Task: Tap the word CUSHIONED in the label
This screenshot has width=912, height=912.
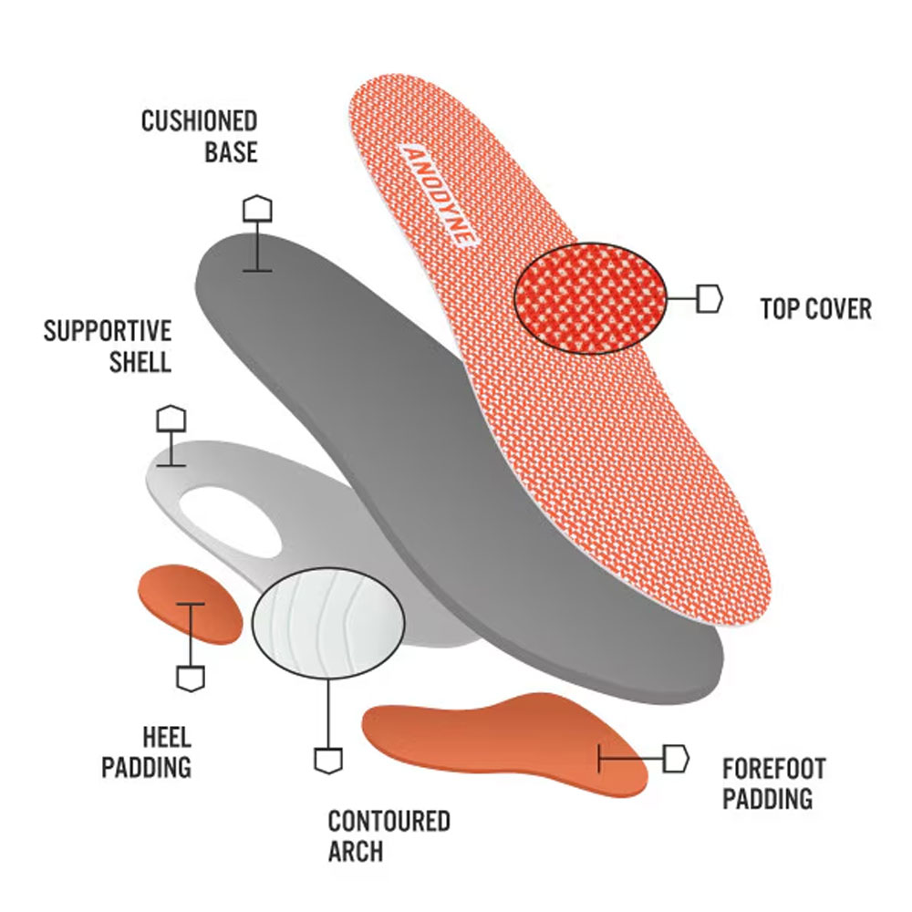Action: pyautogui.click(x=199, y=121)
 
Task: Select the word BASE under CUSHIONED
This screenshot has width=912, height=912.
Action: pyautogui.click(x=231, y=151)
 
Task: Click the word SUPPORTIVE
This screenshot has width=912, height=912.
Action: pyautogui.click(x=108, y=330)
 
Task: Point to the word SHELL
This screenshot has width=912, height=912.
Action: pyautogui.click(x=140, y=360)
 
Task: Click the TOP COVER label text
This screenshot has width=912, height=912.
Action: pyautogui.click(x=816, y=308)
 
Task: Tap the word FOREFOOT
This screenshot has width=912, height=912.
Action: pyautogui.click(x=773, y=769)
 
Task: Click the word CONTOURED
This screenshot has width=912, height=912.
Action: pyautogui.click(x=389, y=821)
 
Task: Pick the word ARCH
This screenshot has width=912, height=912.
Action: pyautogui.click(x=356, y=852)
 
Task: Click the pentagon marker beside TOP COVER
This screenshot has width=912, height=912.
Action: pyautogui.click(x=710, y=298)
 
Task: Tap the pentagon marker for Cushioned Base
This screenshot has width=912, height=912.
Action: pyautogui.click(x=257, y=208)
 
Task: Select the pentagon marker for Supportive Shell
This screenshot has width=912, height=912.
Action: pyautogui.click(x=171, y=419)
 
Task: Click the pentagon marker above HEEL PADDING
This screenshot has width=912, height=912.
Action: pyautogui.click(x=190, y=677)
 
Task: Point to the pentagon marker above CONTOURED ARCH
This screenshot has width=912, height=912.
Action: pyautogui.click(x=327, y=759)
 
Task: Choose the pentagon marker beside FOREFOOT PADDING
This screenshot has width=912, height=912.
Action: pyautogui.click(x=676, y=758)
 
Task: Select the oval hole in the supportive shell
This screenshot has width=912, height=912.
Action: pyautogui.click(x=233, y=521)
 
